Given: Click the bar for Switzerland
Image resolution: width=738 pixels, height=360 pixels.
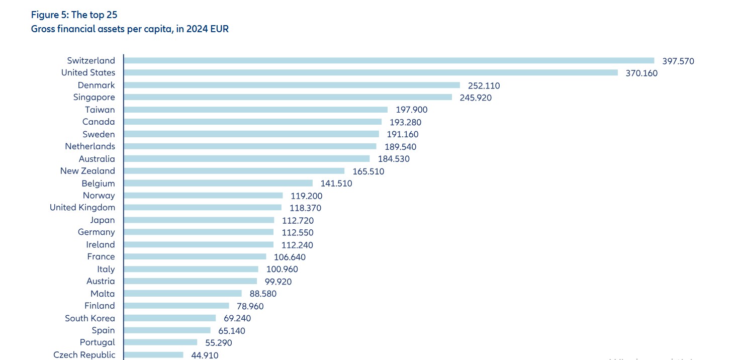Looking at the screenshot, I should pos(389,60).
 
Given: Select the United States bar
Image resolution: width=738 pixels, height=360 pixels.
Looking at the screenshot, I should pos(371,72).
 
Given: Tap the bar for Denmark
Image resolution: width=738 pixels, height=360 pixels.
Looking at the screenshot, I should pos(292,85).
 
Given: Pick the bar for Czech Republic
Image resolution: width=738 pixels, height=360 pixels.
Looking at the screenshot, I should pos(153,354).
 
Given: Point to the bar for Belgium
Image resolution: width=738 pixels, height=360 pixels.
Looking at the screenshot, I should pos(218,184).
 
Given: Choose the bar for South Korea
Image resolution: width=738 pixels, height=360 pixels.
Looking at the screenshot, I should pos(169,318).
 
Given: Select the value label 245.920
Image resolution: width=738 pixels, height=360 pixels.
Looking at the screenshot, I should pos(476,98).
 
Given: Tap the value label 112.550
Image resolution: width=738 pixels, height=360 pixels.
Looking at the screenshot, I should pos(297,232).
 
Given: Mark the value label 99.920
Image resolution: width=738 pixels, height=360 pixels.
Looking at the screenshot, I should pos(278,282).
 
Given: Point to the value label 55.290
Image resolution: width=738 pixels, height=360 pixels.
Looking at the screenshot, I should pos(219,342).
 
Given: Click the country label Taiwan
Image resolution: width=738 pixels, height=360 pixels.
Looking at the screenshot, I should pos(100,110).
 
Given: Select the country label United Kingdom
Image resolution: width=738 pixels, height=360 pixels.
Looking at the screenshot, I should pos(82,207).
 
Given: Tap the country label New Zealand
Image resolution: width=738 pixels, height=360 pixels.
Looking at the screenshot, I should pos(87,171).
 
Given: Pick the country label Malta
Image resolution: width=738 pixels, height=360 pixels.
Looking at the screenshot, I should pos(103,294).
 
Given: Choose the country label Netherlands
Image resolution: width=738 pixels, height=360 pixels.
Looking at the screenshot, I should pos(90,146).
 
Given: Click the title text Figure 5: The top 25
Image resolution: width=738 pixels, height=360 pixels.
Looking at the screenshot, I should pos(74,15).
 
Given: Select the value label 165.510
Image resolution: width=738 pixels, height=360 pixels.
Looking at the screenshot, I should pos(368,171).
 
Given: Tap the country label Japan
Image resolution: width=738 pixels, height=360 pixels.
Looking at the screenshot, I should pos(103,220).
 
